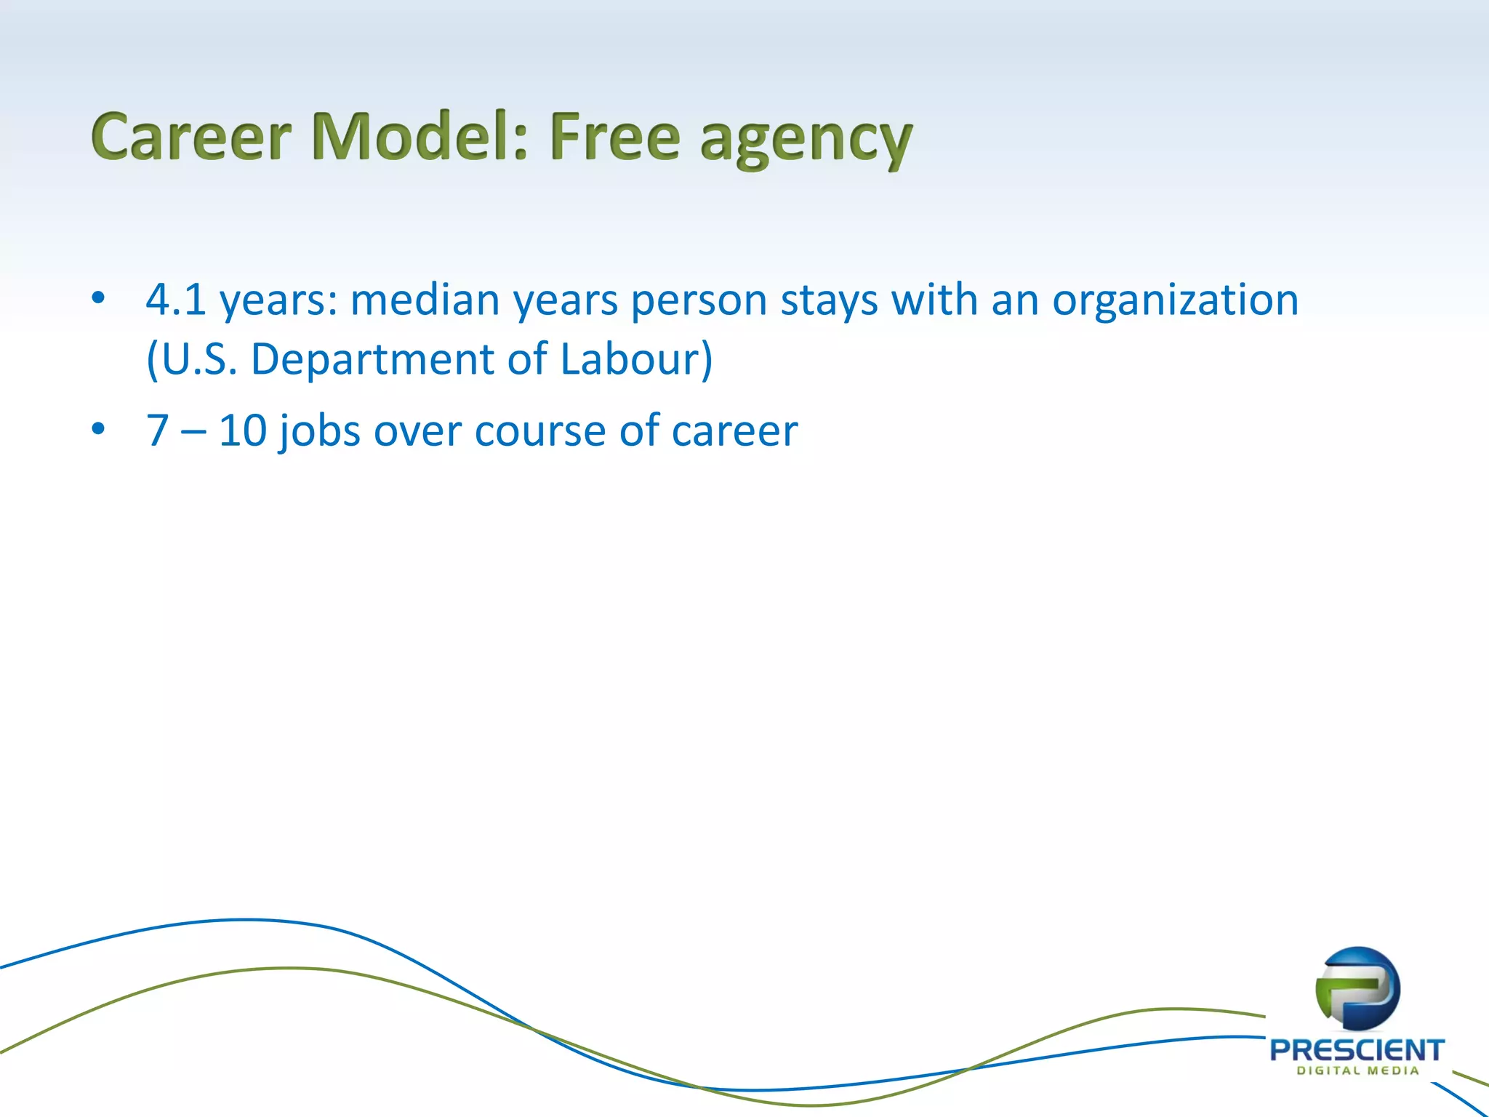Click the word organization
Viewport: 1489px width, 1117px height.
point(1175,301)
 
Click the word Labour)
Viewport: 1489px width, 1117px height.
point(637,359)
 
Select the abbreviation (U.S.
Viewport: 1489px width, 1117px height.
point(192,359)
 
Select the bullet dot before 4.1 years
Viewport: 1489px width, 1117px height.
point(98,297)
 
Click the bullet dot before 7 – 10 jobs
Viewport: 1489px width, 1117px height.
point(98,428)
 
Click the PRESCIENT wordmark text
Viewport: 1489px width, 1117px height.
point(1357,1049)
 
